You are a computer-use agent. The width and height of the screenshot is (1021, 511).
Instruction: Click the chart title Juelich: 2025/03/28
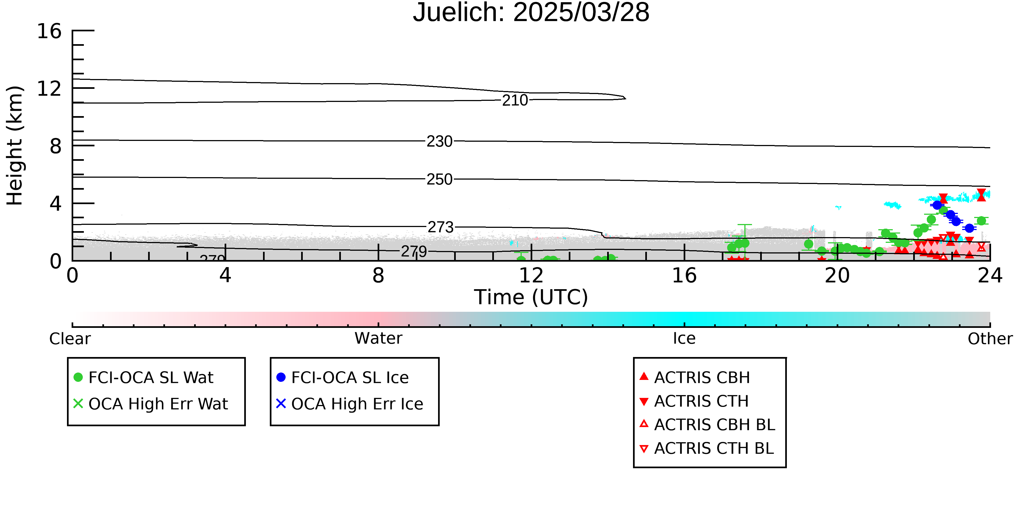(531, 13)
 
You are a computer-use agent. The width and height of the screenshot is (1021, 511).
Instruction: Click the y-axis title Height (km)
(15, 146)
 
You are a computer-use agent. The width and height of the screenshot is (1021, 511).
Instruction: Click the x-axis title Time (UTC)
(531, 297)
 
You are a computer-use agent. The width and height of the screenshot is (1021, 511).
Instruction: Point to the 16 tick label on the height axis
(49, 31)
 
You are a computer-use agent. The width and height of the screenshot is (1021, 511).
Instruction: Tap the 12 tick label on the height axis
(49, 89)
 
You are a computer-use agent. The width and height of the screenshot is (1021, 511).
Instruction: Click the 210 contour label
(515, 100)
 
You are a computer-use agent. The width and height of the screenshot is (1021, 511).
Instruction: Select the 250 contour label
(439, 179)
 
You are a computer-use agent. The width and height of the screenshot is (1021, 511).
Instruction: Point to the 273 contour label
(440, 227)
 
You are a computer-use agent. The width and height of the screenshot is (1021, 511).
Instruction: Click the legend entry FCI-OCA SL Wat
(143, 377)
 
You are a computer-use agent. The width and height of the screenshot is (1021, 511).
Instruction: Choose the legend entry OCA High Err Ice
(350, 404)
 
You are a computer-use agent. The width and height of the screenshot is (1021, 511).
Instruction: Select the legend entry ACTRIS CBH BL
(707, 425)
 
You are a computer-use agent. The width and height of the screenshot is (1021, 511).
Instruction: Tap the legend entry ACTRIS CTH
(694, 401)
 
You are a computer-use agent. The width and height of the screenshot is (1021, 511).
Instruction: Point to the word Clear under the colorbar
(70, 339)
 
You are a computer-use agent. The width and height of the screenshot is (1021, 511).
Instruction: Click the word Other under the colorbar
(990, 339)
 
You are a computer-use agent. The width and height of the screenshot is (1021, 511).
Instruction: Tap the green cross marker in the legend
(78, 403)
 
